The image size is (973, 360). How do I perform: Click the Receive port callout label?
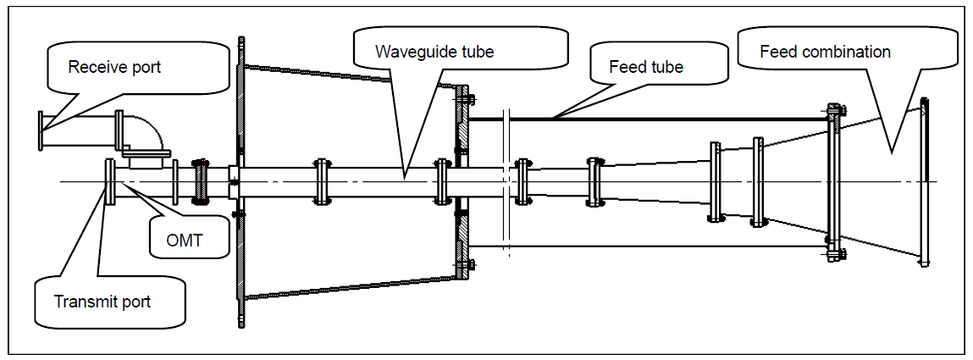(x=114, y=67)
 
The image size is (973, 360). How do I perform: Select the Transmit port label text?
(x=102, y=302)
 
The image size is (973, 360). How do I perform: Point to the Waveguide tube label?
(x=434, y=51)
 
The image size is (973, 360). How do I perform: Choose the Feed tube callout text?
(x=646, y=66)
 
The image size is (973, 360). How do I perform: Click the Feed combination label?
(x=825, y=51)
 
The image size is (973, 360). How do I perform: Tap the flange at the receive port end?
(x=41, y=130)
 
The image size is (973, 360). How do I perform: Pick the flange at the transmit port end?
(x=110, y=182)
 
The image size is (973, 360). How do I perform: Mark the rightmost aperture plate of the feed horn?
(x=924, y=182)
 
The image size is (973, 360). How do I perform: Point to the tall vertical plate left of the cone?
(x=240, y=181)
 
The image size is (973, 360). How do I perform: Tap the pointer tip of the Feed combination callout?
(x=891, y=152)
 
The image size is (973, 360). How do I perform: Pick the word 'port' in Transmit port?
(x=135, y=302)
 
